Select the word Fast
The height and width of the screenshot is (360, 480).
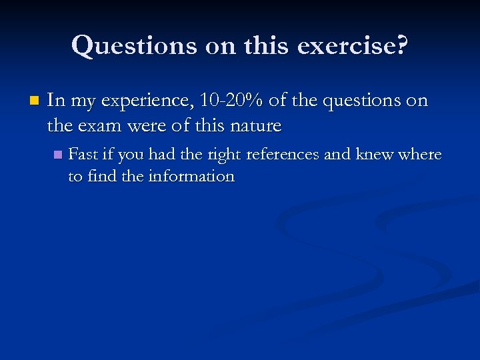[83, 155]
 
